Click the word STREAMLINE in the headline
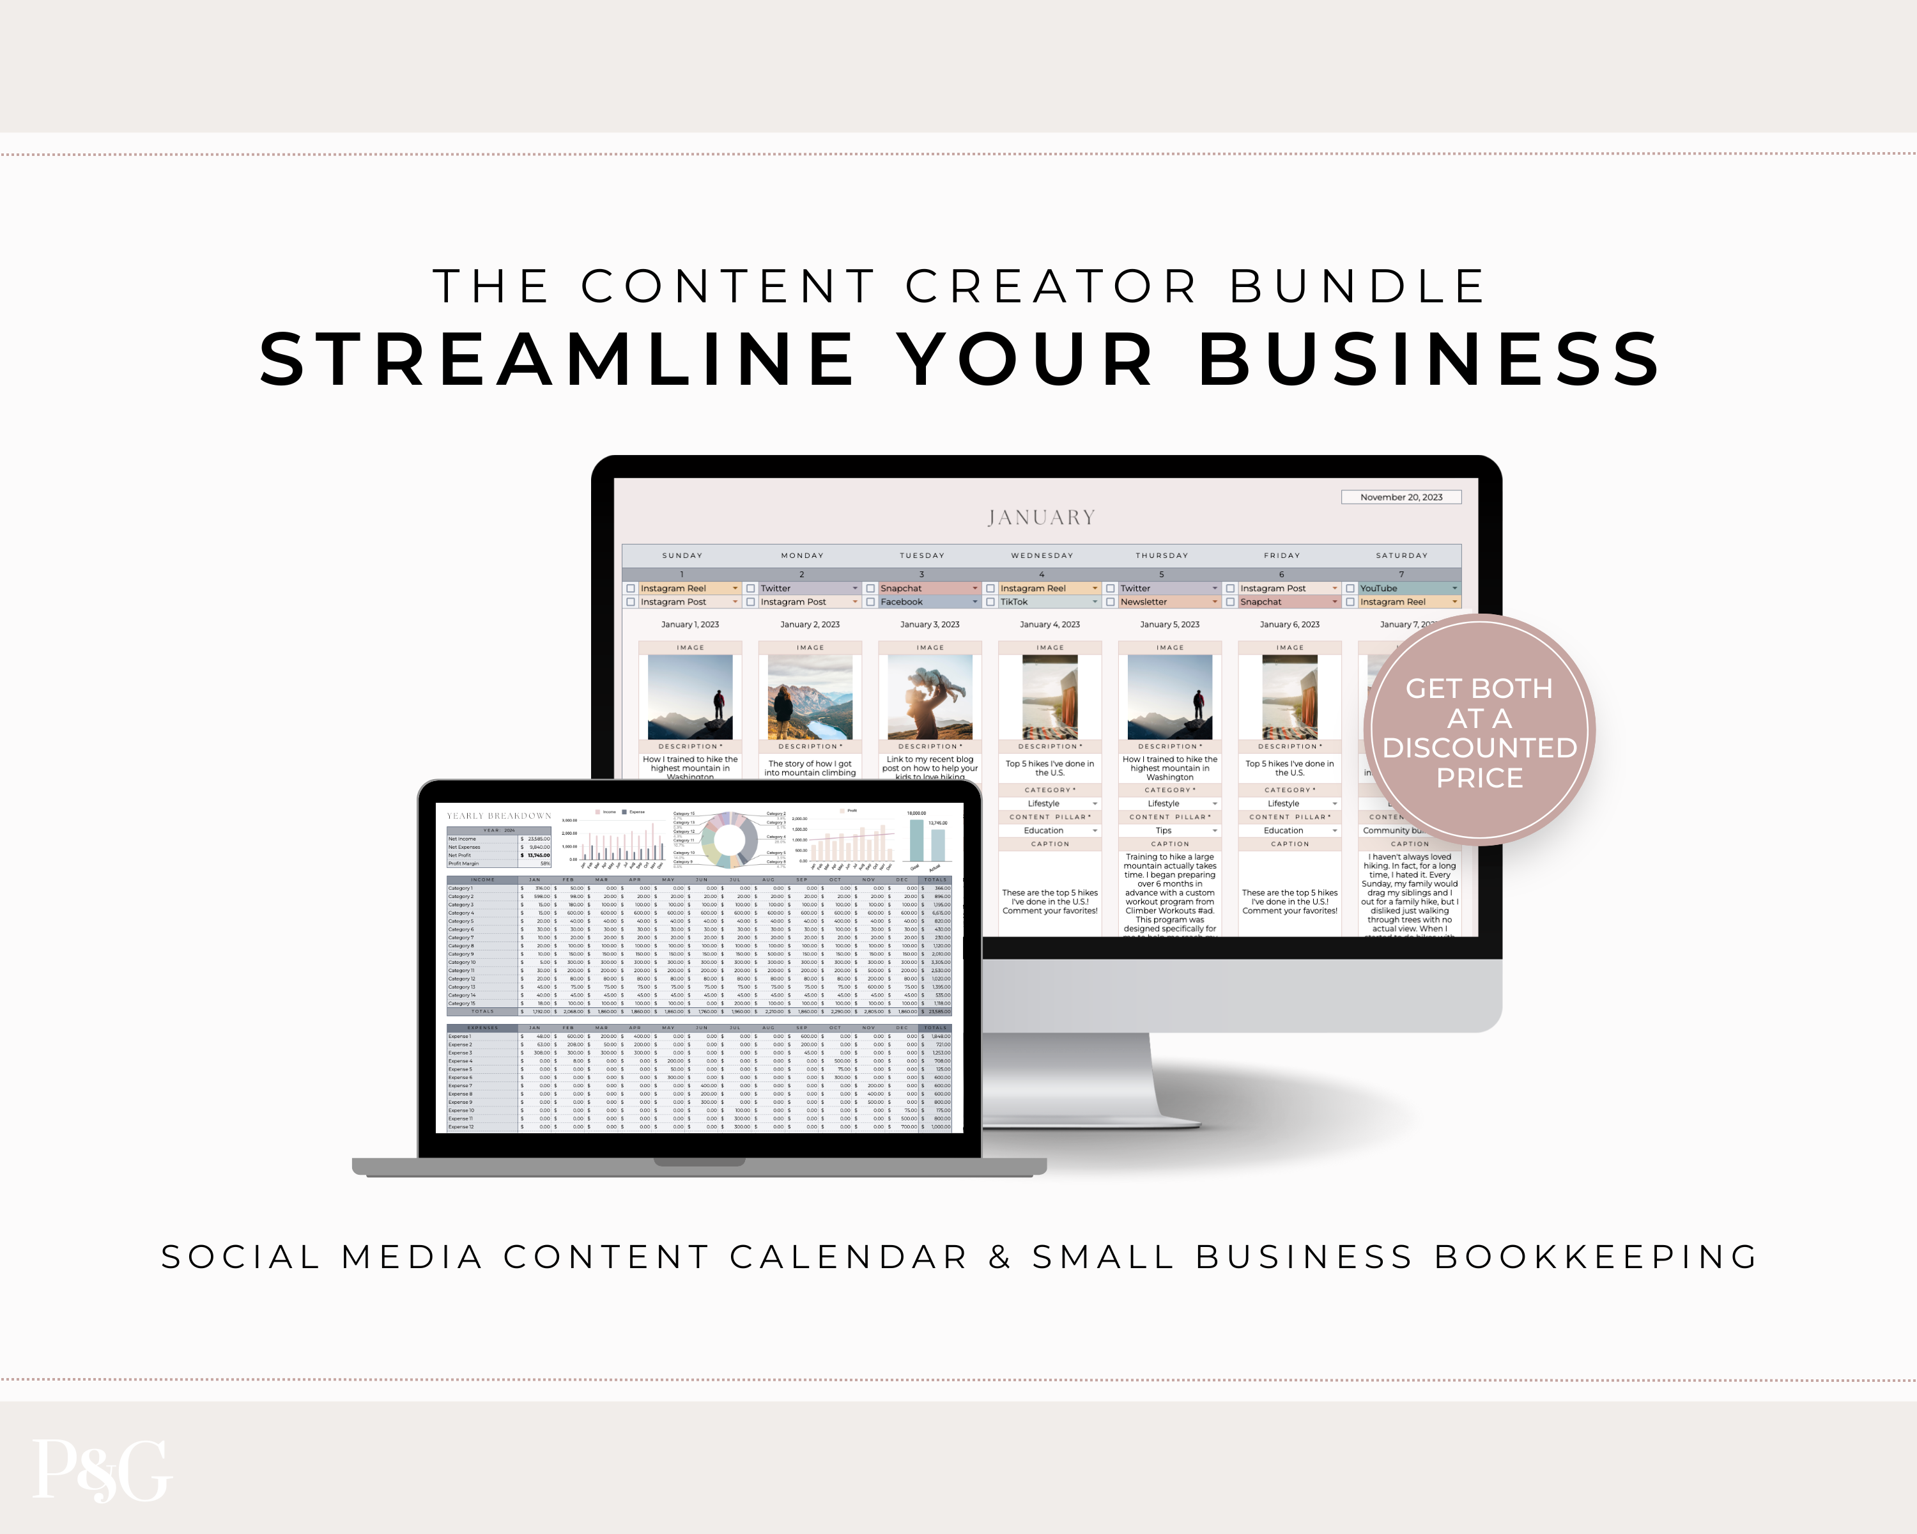pyautogui.click(x=557, y=360)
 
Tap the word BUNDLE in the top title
pyautogui.click(x=1358, y=286)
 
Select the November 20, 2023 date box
pyautogui.click(x=1401, y=497)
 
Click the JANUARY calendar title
pyautogui.click(x=1041, y=518)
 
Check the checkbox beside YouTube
pyautogui.click(x=1350, y=589)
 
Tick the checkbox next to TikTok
pyautogui.click(x=990, y=602)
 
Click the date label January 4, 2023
pyautogui.click(x=1049, y=624)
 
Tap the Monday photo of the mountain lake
pyautogui.click(x=810, y=697)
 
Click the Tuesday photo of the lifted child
pyautogui.click(x=930, y=697)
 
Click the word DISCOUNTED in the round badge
pyautogui.click(x=1479, y=748)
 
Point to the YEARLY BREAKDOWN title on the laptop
pyautogui.click(x=499, y=816)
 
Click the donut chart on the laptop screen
pyautogui.click(x=729, y=839)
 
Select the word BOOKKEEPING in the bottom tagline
pyautogui.click(x=1596, y=1257)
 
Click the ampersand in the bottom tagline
pyautogui.click(x=999, y=1257)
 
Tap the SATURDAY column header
pyautogui.click(x=1401, y=556)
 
